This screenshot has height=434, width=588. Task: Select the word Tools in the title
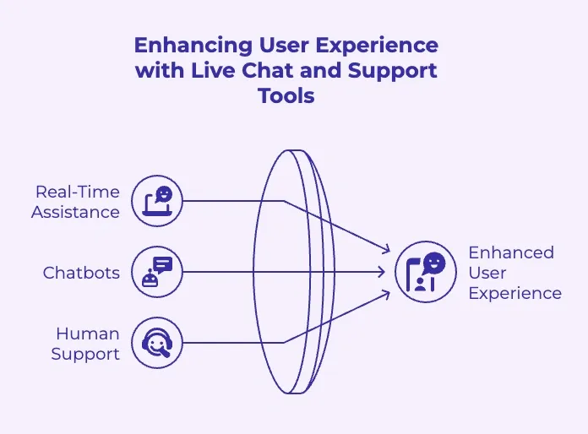[286, 95]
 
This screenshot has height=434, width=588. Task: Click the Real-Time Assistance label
[75, 202]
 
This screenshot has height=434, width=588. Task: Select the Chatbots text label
[81, 273]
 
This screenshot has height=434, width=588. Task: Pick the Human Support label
[85, 344]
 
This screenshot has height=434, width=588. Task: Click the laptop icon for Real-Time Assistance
[158, 201]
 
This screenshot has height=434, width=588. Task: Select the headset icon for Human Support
[158, 343]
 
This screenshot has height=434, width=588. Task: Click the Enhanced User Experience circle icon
[420, 272]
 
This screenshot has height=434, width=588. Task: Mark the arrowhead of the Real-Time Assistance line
[386, 250]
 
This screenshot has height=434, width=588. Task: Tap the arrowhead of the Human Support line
[386, 294]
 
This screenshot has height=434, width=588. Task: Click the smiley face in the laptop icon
[164, 194]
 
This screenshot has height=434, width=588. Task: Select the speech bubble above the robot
[162, 264]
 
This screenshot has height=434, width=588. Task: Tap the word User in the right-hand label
[487, 273]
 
